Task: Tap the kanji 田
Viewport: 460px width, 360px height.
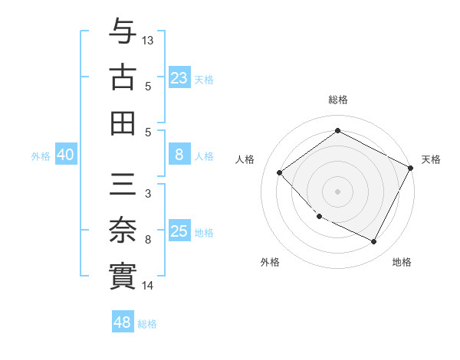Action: point(123,122)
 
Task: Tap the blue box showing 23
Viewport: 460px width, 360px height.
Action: point(179,78)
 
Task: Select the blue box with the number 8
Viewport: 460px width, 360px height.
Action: point(179,155)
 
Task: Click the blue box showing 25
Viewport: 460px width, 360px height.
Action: point(179,231)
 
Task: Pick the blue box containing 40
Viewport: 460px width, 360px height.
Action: point(66,155)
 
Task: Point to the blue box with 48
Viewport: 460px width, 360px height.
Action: point(123,322)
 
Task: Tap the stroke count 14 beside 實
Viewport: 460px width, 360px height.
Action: point(148,286)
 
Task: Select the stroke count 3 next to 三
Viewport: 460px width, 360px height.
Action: point(147,194)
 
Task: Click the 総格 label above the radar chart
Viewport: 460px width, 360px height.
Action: point(337,100)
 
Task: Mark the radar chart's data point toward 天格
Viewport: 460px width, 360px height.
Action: point(411,168)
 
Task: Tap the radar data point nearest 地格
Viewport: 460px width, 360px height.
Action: point(374,242)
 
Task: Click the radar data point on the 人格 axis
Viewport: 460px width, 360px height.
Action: point(280,173)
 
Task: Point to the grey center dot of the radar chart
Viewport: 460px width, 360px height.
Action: point(337,191)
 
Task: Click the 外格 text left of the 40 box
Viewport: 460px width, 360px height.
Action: point(41,156)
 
